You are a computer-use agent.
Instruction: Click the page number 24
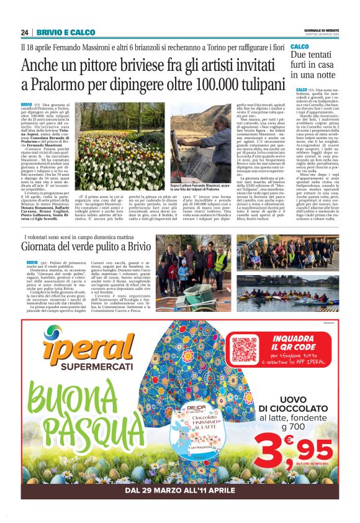pyautogui.click(x=24, y=32)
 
